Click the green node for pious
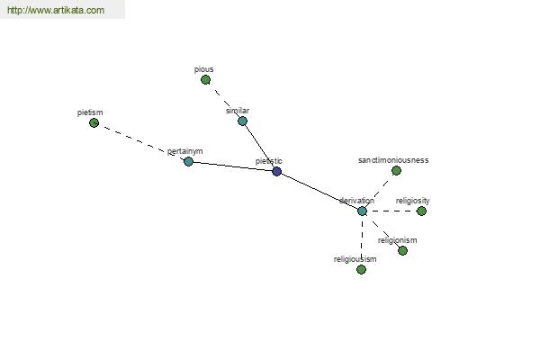(205, 80)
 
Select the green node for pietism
(94, 123)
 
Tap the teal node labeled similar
(242, 121)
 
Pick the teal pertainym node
(188, 161)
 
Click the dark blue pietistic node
(277, 171)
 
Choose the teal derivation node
(362, 211)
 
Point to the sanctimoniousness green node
(396, 170)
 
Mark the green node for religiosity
(421, 211)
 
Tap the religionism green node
(402, 251)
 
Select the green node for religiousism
(361, 269)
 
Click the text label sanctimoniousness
(393, 160)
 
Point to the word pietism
(90, 112)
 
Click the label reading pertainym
(184, 151)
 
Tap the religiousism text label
(355, 259)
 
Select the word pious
(204, 69)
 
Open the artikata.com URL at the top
(56, 10)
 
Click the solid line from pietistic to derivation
(319, 191)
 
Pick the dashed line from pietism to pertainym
(141, 142)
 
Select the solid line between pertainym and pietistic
(233, 166)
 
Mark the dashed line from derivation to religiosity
(391, 211)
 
